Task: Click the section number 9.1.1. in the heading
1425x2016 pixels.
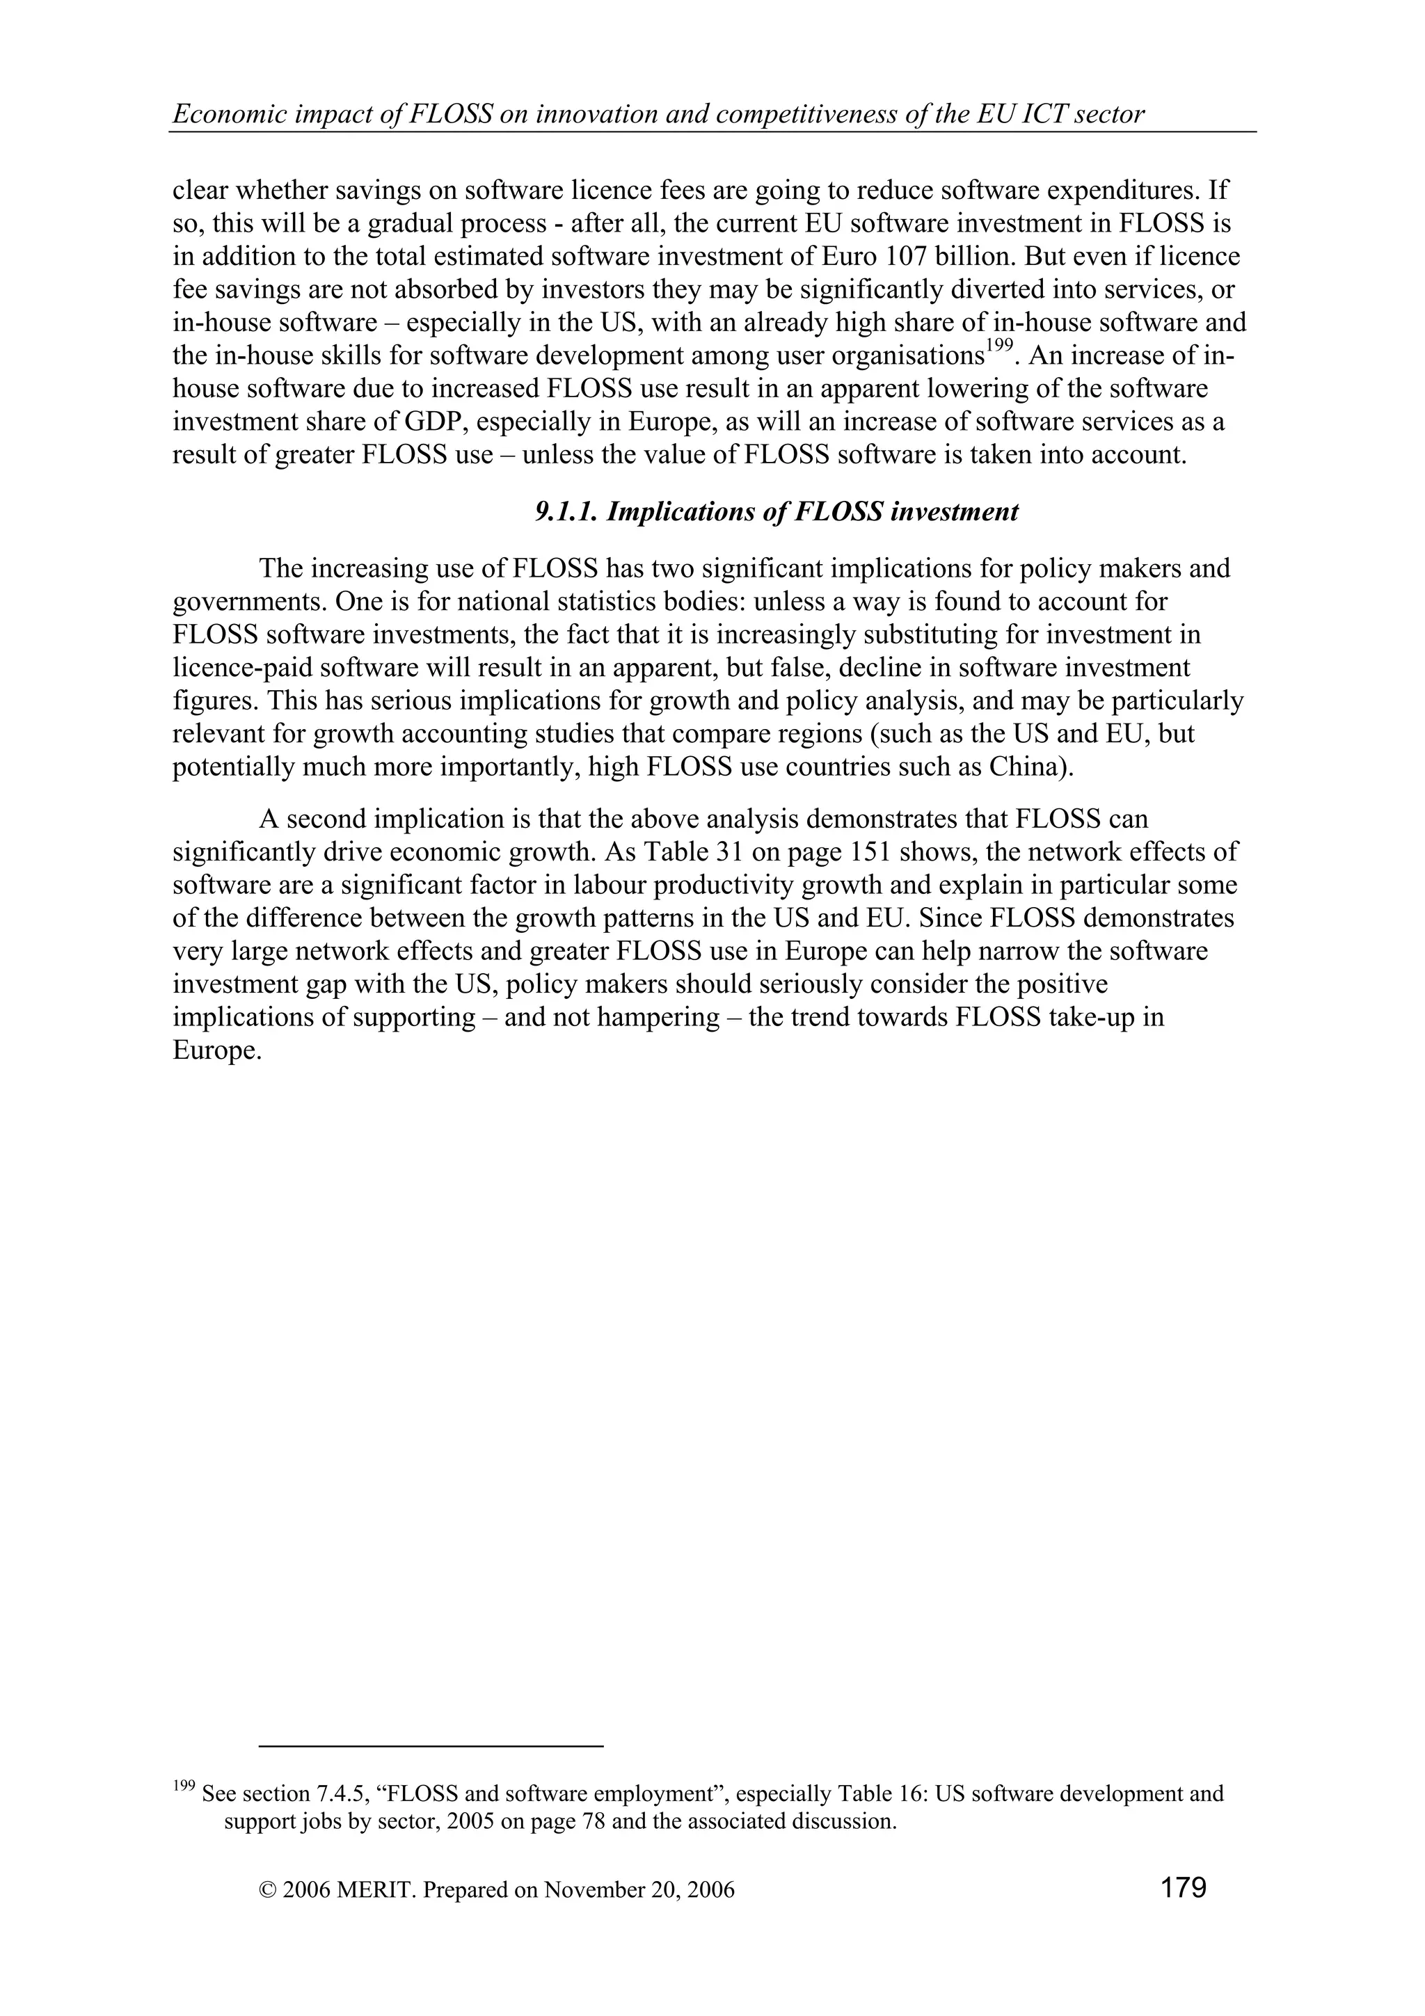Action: coord(566,512)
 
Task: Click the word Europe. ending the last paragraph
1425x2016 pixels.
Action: coord(217,1051)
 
